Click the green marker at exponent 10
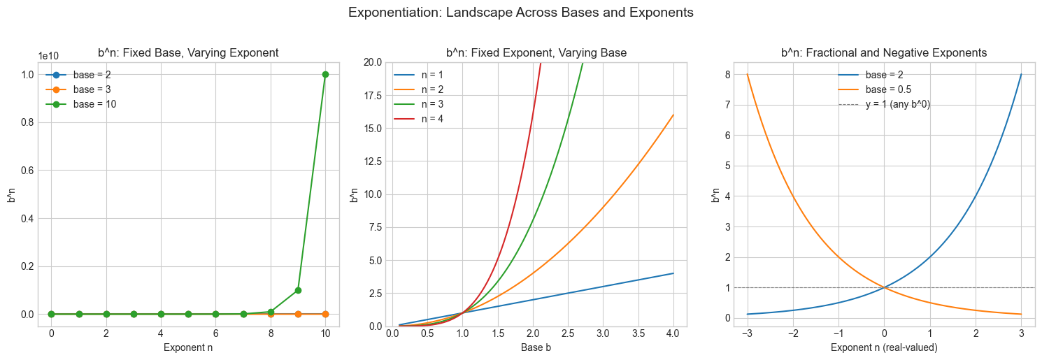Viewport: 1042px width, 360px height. (x=325, y=74)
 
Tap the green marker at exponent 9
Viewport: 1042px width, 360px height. (x=298, y=290)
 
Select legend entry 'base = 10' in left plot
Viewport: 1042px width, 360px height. (x=94, y=104)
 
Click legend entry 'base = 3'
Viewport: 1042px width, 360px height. (x=92, y=89)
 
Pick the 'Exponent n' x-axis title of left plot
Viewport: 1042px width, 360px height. (x=187, y=347)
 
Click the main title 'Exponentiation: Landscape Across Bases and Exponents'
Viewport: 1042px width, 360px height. (x=520, y=13)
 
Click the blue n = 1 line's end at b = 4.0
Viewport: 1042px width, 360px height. (x=673, y=273)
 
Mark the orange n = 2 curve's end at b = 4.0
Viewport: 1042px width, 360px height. (x=673, y=115)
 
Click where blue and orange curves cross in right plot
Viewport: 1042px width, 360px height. (x=884, y=287)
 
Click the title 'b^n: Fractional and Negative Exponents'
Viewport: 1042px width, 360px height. (x=884, y=52)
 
